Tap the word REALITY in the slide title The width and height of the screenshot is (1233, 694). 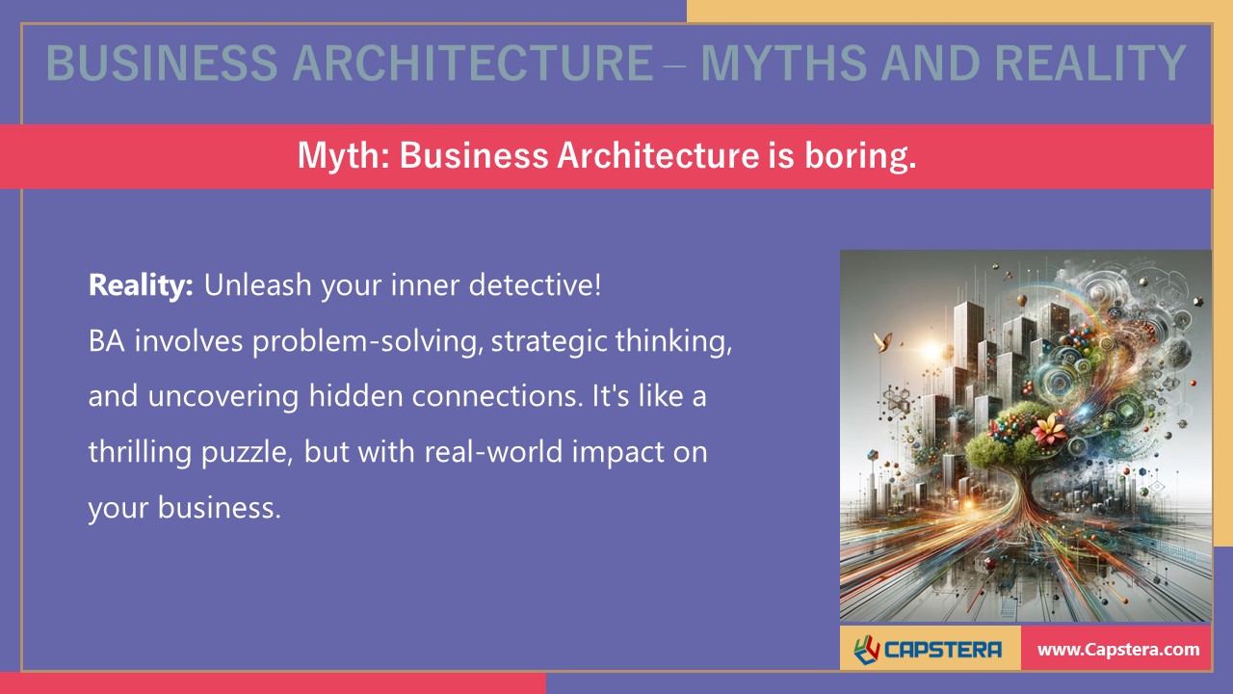pos(1089,65)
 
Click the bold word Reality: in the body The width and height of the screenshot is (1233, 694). pos(142,285)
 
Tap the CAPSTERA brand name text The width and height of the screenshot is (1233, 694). pos(945,650)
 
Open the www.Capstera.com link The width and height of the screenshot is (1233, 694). pos(1117,650)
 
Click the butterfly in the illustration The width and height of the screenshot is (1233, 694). pos(879,339)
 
